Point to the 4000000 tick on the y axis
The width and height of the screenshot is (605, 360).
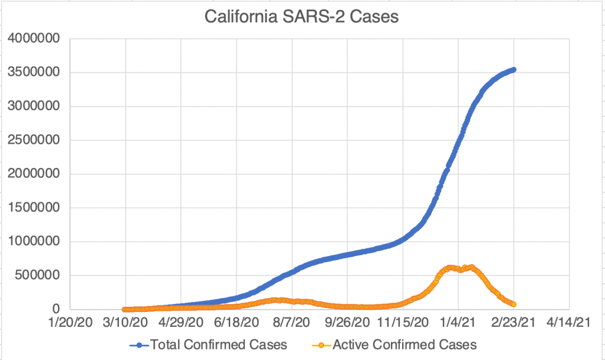[x=35, y=40]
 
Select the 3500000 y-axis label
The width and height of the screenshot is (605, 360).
[x=35, y=73]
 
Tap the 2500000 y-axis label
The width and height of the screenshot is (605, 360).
[x=35, y=141]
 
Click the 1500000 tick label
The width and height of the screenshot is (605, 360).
[x=35, y=208]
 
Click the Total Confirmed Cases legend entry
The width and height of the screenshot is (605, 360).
[x=219, y=344]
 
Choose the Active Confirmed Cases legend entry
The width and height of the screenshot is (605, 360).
[x=405, y=344]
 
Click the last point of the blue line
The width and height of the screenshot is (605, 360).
[x=514, y=70]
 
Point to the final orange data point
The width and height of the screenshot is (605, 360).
[x=514, y=304]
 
